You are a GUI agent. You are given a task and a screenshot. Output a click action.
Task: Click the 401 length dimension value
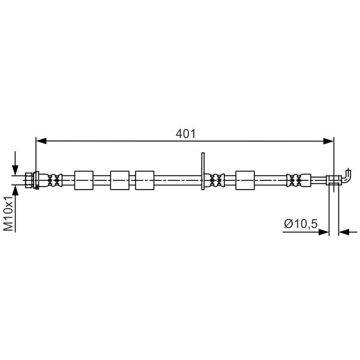click(x=185, y=133)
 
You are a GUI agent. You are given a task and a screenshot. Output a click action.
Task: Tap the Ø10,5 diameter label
click(x=300, y=223)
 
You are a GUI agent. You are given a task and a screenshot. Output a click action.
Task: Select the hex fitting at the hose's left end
click(x=31, y=179)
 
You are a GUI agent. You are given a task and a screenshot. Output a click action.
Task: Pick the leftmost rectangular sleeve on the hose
click(x=84, y=179)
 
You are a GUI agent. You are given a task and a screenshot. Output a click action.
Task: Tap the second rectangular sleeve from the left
click(x=120, y=179)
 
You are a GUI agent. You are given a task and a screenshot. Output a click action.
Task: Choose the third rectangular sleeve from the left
click(x=145, y=179)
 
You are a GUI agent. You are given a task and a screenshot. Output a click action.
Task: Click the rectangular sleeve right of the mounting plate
click(x=245, y=179)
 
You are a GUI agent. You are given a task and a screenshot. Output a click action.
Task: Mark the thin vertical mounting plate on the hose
click(x=203, y=171)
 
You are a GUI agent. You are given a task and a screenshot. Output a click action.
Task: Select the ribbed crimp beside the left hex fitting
click(x=55, y=179)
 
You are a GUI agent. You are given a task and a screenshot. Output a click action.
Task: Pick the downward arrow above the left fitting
click(x=16, y=167)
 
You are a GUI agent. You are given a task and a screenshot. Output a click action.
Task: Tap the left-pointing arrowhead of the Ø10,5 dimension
click(x=344, y=232)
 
